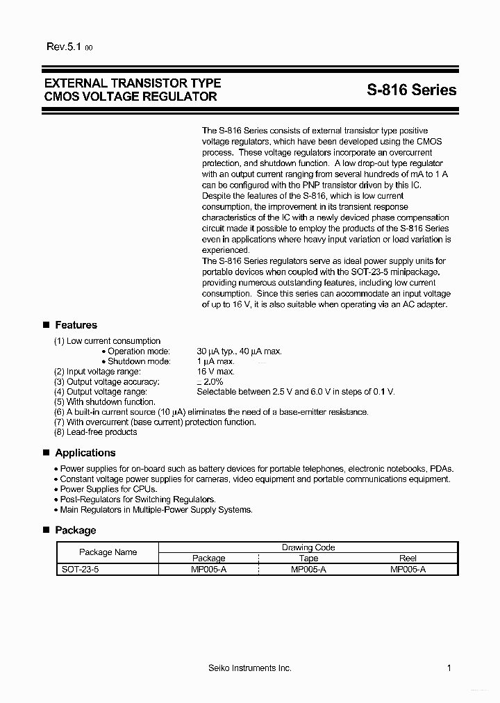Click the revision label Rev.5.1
pos(65,47)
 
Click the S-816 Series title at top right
pos(412,90)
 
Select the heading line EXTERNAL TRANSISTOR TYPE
pos(132,83)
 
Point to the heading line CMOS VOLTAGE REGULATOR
pos(130,97)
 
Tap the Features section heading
pos(76,325)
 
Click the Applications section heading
pos(85,453)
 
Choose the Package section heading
pos(75,531)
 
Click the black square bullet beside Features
pos(47,325)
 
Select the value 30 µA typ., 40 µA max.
pos(239,351)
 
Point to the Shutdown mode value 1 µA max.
pos(216,361)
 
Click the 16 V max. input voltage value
pos(215,372)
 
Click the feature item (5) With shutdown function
pos(105,402)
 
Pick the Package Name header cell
pos(108,552)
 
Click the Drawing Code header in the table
pos(308,547)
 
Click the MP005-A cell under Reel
pos(408,569)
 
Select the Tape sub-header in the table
pos(308,559)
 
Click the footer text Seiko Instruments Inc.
pos(249,668)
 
